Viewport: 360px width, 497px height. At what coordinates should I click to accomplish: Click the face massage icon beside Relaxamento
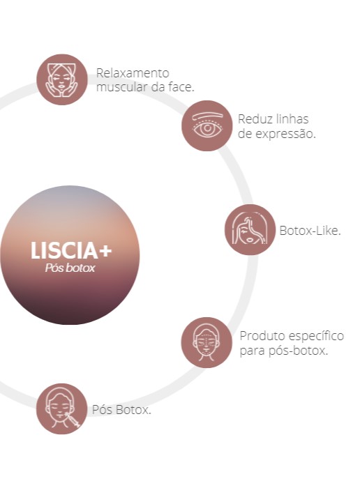pyautogui.click(x=61, y=79)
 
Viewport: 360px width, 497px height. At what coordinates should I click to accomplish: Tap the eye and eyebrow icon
pyautogui.click(x=207, y=125)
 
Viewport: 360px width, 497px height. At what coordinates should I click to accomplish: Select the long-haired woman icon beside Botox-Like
pyautogui.click(x=250, y=229)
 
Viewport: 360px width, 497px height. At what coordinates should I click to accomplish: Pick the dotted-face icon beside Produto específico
pyautogui.click(x=207, y=342)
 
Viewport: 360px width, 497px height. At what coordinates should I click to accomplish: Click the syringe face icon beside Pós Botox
pyautogui.click(x=61, y=408)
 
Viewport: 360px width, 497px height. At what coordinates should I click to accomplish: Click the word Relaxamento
pyautogui.click(x=133, y=73)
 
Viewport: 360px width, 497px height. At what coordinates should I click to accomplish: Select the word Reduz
pyautogui.click(x=255, y=119)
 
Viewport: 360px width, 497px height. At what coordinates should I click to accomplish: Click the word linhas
pyautogui.click(x=292, y=119)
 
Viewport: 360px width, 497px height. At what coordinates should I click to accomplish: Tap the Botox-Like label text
pyautogui.click(x=310, y=231)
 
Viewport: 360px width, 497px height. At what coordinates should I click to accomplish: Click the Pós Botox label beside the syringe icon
pyautogui.click(x=121, y=409)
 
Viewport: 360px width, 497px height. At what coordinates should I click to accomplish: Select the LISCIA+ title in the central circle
pyautogui.click(x=71, y=250)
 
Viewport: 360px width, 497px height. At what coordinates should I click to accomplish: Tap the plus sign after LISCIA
pyautogui.click(x=105, y=251)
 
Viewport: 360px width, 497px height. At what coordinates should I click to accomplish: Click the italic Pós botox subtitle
pyautogui.click(x=70, y=268)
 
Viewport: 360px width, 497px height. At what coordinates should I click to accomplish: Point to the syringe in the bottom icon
pyautogui.click(x=72, y=420)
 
